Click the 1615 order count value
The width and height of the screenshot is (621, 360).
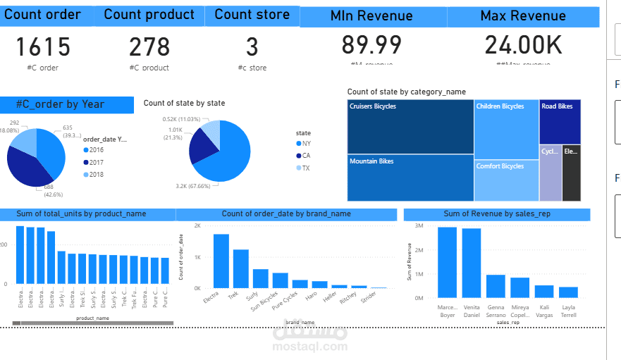(43, 47)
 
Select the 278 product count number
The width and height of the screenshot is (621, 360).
(149, 47)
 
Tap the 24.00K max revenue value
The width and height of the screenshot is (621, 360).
(523, 45)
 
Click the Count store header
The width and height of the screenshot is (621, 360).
(252, 15)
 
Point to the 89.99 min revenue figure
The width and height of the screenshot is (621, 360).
(371, 44)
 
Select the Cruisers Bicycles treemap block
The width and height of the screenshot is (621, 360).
(410, 127)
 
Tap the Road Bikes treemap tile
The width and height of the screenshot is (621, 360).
(560, 122)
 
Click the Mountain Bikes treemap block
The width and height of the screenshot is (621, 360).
(410, 178)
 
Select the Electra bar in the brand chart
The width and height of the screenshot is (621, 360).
(221, 261)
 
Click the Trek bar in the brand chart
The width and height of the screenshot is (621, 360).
(241, 268)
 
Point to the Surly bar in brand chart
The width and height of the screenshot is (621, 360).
(261, 278)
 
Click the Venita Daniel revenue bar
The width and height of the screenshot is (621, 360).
(472, 263)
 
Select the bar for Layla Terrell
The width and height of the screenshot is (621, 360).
(568, 292)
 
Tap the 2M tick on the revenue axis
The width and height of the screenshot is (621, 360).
(419, 250)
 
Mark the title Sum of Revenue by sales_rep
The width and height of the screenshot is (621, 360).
(497, 213)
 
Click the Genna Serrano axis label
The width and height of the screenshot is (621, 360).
(496, 311)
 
